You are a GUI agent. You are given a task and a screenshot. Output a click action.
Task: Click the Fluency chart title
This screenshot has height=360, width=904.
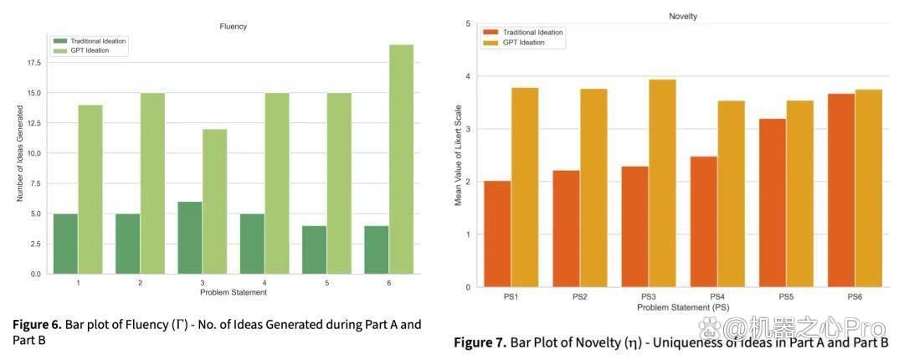234,27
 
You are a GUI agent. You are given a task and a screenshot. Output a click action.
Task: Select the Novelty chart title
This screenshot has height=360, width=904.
683,17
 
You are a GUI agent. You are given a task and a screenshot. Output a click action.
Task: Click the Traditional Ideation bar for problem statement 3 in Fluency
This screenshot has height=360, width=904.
190,238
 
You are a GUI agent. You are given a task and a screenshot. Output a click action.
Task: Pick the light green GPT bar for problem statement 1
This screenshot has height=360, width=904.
90,189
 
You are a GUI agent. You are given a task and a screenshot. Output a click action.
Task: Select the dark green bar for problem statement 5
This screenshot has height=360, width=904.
314,249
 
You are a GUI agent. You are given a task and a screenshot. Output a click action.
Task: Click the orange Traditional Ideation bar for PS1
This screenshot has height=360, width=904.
497,234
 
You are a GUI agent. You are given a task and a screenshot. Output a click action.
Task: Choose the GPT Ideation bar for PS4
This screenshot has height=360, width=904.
731,194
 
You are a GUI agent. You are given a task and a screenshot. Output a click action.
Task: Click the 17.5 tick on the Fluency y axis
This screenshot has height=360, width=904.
34,63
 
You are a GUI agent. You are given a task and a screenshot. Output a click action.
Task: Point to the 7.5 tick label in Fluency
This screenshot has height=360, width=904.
36,183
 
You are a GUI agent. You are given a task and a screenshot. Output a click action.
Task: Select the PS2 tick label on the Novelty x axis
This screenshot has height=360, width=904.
580,296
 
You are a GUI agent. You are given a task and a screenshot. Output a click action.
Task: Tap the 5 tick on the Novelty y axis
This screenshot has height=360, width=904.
468,23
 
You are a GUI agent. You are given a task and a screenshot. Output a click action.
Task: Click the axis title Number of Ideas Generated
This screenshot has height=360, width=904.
19,152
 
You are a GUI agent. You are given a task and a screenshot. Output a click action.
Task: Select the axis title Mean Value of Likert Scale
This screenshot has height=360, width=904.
459,155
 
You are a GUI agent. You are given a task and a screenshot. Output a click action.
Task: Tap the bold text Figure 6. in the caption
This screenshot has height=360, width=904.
37,325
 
